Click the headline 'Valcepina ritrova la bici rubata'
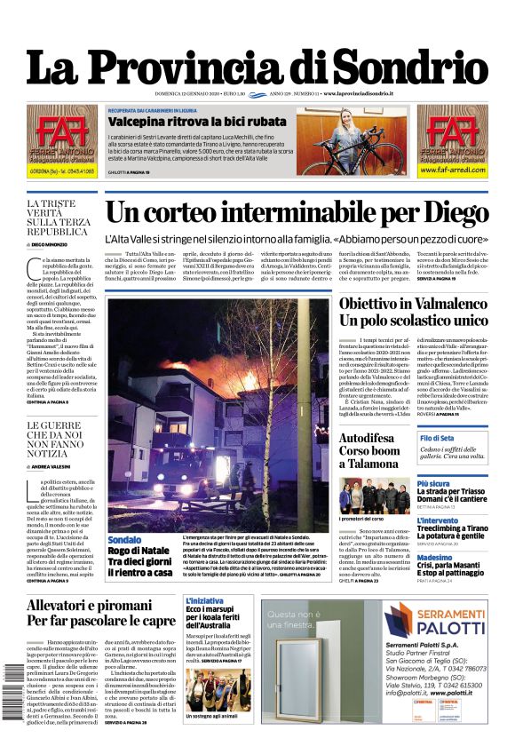(198, 122)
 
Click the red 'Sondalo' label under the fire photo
(124, 540)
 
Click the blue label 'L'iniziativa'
(204, 601)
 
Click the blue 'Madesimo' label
(436, 558)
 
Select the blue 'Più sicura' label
(433, 484)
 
